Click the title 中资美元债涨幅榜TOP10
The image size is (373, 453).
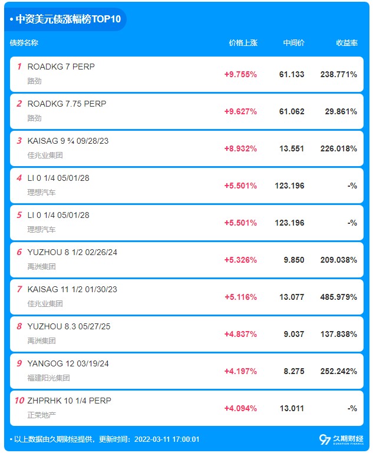click(x=68, y=19)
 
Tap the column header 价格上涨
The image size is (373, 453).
click(x=243, y=43)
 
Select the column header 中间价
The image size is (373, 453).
click(x=293, y=43)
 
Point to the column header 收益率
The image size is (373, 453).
click(x=346, y=43)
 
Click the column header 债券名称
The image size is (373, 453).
click(x=24, y=43)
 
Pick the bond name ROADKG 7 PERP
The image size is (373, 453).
click(x=61, y=67)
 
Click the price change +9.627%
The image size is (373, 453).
click(x=240, y=111)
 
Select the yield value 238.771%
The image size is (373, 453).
click(x=339, y=75)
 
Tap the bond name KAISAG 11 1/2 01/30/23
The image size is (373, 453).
click(x=72, y=289)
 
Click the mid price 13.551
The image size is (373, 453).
click(x=292, y=149)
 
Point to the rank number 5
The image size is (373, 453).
click(x=19, y=215)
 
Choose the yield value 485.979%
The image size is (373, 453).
click(x=339, y=297)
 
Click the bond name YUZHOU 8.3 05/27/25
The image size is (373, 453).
click(x=69, y=326)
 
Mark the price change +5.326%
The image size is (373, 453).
click(x=240, y=260)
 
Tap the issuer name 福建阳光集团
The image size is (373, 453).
click(x=48, y=378)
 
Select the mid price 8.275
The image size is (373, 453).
click(x=294, y=371)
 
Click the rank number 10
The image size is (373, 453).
click(x=19, y=401)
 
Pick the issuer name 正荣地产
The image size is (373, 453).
click(x=42, y=415)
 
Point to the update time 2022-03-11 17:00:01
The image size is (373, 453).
click(x=167, y=439)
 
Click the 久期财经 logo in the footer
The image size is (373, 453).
click(x=341, y=439)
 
